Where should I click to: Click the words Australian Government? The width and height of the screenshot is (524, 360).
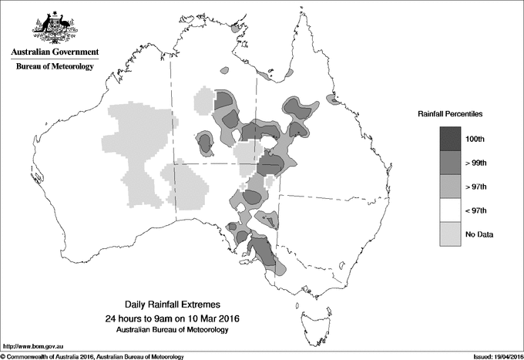(54, 52)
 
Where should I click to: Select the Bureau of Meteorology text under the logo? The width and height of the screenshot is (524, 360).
(54, 67)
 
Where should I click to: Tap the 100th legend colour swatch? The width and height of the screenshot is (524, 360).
(451, 140)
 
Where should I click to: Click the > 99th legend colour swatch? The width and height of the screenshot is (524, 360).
(451, 163)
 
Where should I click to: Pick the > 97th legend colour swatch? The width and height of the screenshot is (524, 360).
(451, 187)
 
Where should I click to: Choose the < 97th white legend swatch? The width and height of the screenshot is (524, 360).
(451, 210)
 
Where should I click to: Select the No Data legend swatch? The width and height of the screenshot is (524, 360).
(451, 234)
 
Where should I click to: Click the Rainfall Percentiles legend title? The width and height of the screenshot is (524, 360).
(450, 114)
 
